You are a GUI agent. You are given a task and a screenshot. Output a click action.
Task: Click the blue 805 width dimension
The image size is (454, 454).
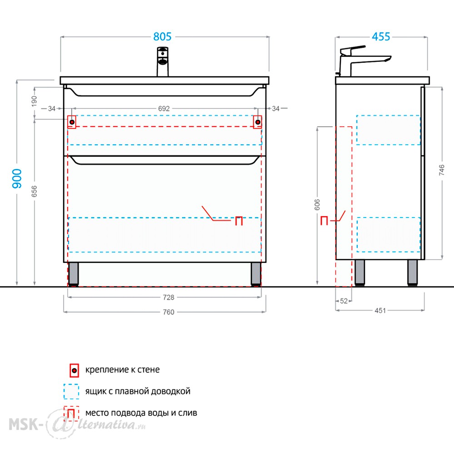(163, 37)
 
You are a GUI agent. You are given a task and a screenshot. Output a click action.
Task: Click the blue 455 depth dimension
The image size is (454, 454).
(381, 37)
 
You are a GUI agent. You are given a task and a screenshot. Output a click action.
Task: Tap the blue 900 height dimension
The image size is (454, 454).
(17, 178)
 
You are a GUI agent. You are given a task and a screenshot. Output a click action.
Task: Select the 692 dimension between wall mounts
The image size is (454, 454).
(164, 109)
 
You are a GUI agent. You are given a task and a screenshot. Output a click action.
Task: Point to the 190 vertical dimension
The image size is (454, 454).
(34, 101)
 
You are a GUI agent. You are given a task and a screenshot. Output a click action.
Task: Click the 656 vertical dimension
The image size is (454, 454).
(34, 192)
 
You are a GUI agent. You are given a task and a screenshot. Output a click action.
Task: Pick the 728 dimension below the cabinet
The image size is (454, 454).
(168, 297)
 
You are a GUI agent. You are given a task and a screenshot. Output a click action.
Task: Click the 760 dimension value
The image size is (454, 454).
(168, 312)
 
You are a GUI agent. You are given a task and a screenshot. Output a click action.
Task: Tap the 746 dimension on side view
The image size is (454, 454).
(442, 170)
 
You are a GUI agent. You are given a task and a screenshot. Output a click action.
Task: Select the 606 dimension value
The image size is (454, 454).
(317, 204)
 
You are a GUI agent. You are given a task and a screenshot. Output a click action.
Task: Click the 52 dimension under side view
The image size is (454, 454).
(344, 301)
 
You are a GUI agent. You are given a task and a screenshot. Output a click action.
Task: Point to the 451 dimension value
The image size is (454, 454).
(380, 311)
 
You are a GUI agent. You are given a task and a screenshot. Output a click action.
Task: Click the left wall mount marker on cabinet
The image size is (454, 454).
(72, 122)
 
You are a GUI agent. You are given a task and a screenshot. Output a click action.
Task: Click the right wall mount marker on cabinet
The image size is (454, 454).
(257, 122)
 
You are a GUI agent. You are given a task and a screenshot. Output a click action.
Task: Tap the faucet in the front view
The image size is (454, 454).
(163, 62)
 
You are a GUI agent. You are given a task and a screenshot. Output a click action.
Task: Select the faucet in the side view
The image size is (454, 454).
(362, 61)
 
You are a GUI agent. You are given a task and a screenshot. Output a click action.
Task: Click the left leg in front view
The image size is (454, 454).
(73, 274)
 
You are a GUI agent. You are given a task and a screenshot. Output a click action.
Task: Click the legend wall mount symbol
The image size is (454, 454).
(74, 370)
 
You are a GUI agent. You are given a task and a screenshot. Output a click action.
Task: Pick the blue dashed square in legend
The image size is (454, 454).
(71, 391)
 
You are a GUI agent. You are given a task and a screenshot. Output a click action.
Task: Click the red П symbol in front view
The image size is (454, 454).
(239, 221)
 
